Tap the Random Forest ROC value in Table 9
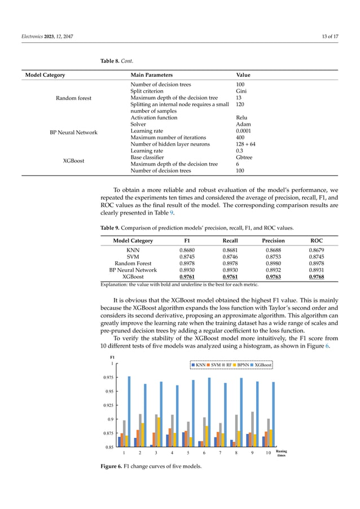pos(317,263)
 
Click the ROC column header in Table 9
pos(317,240)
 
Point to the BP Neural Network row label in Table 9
pos(128,270)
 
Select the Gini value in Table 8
pos(241,90)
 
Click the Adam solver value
pos(243,124)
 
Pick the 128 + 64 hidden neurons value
pos(246,144)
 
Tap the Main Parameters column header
pos(152,75)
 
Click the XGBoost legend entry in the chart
pos(261,365)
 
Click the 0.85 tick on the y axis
pos(111,447)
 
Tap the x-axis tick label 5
pos(187,453)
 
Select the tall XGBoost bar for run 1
pos(129,411)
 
